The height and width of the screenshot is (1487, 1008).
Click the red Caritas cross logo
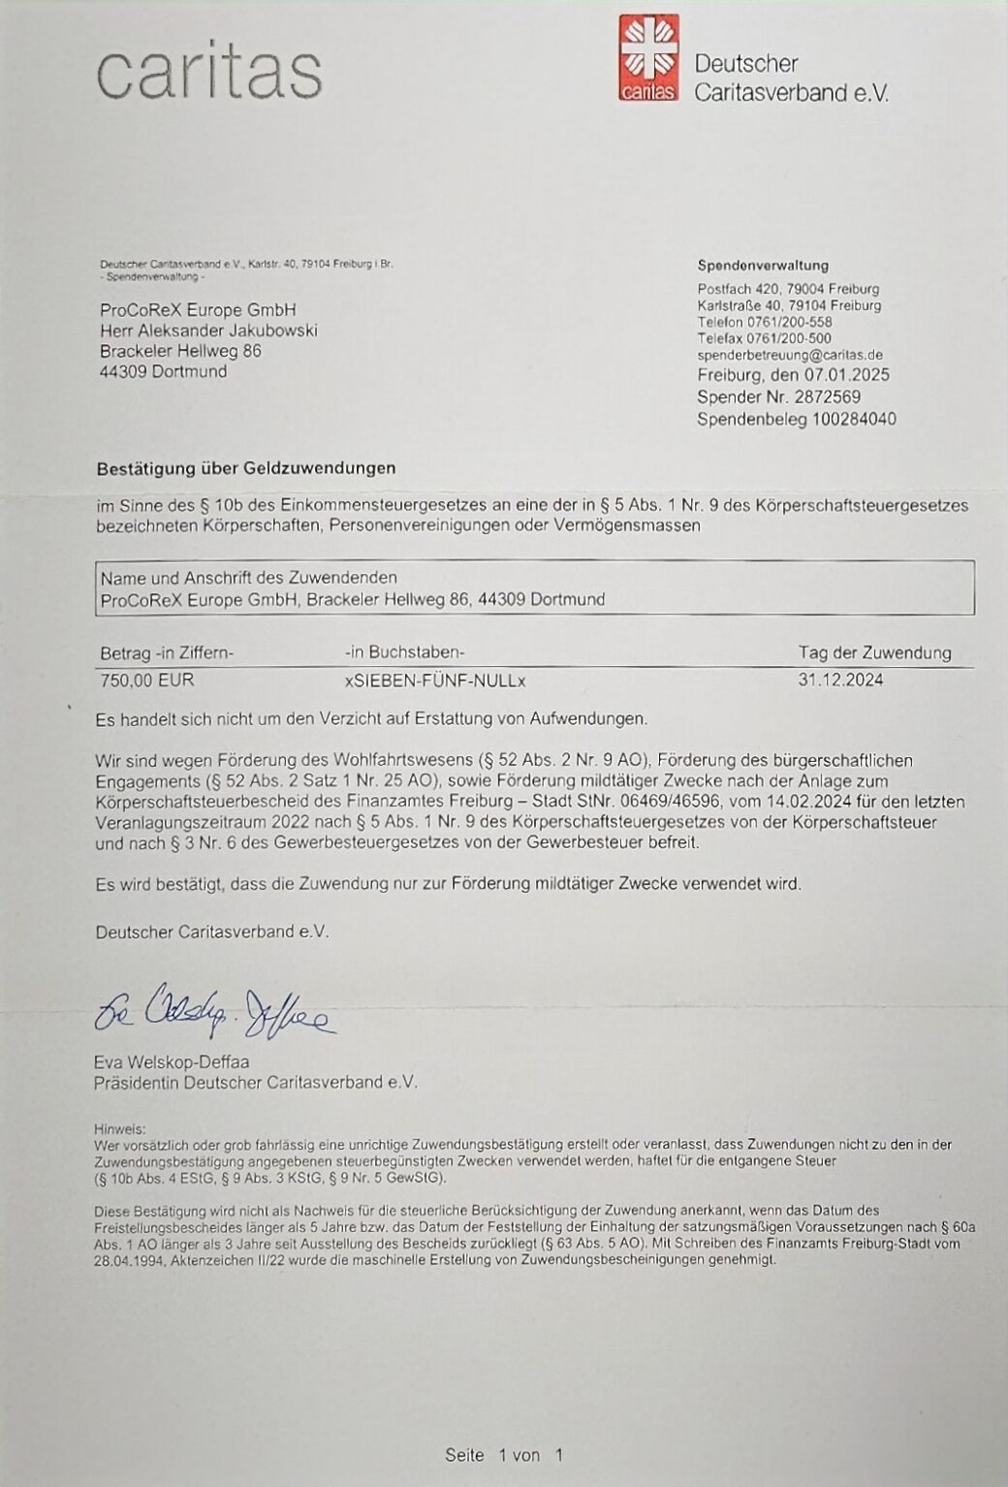(x=649, y=57)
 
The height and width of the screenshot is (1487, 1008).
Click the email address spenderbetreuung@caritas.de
(x=790, y=355)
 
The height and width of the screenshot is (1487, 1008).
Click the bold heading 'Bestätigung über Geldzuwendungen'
(x=246, y=468)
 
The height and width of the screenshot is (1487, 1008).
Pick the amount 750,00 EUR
(x=147, y=680)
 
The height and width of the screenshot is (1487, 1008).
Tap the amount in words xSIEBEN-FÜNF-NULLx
(x=435, y=680)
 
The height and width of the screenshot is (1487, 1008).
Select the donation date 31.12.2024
(x=840, y=680)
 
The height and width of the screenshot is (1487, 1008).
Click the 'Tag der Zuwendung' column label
(x=874, y=652)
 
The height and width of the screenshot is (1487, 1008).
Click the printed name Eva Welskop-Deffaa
(x=172, y=1061)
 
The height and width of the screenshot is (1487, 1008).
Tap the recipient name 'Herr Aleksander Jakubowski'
(x=208, y=331)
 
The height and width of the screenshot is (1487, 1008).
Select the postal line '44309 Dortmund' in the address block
(x=163, y=371)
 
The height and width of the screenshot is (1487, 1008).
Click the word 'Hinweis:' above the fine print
(x=119, y=1128)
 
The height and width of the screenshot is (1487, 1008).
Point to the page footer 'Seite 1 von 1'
(x=504, y=1454)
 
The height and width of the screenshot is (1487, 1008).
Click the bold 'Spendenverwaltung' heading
(x=763, y=265)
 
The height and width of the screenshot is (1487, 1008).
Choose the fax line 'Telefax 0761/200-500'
(x=764, y=338)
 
